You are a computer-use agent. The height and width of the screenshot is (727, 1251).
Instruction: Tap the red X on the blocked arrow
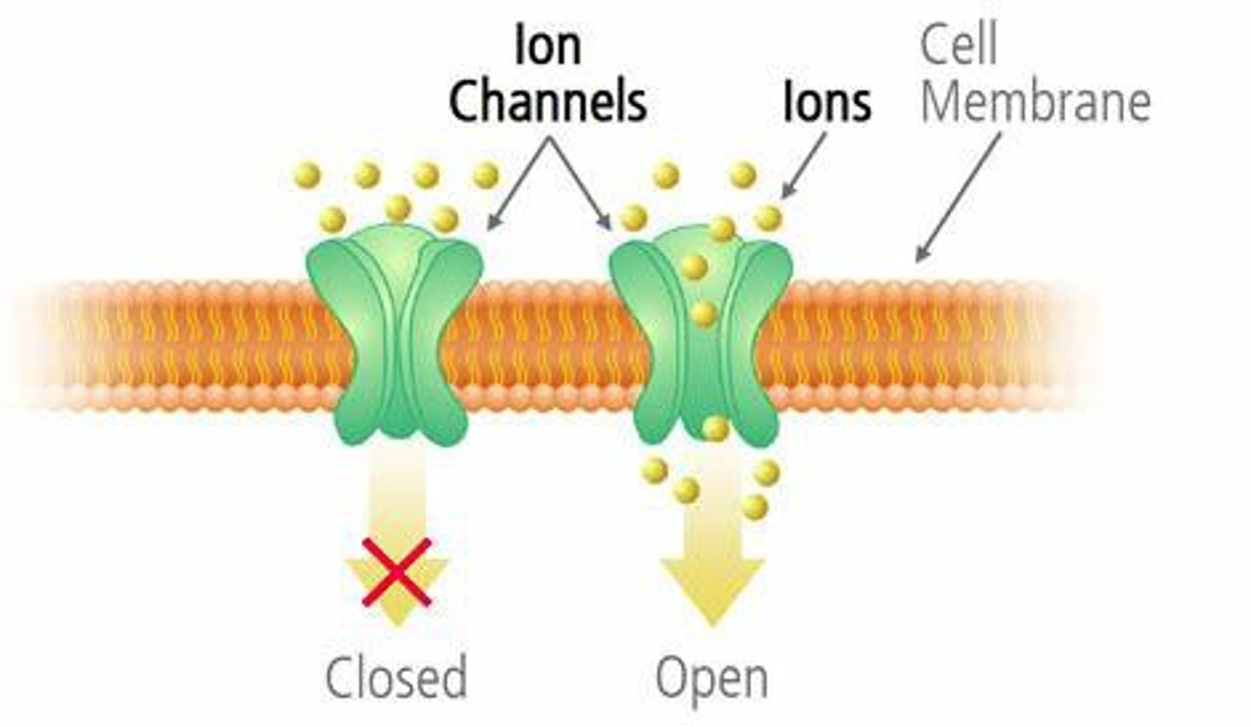(x=396, y=571)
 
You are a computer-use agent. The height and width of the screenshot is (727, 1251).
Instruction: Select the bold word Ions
(x=826, y=103)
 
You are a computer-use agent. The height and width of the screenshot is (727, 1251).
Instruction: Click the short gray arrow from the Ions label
(x=804, y=165)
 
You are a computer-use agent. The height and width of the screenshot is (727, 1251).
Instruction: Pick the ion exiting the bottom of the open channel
(x=715, y=428)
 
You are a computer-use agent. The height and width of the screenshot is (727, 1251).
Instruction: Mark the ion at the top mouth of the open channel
(x=721, y=229)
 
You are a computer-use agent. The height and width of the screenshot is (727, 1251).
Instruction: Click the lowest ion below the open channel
(x=755, y=506)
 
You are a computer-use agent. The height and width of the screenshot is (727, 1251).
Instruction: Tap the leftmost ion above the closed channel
(x=307, y=175)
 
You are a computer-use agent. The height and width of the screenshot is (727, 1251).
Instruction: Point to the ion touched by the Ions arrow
(x=768, y=217)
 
